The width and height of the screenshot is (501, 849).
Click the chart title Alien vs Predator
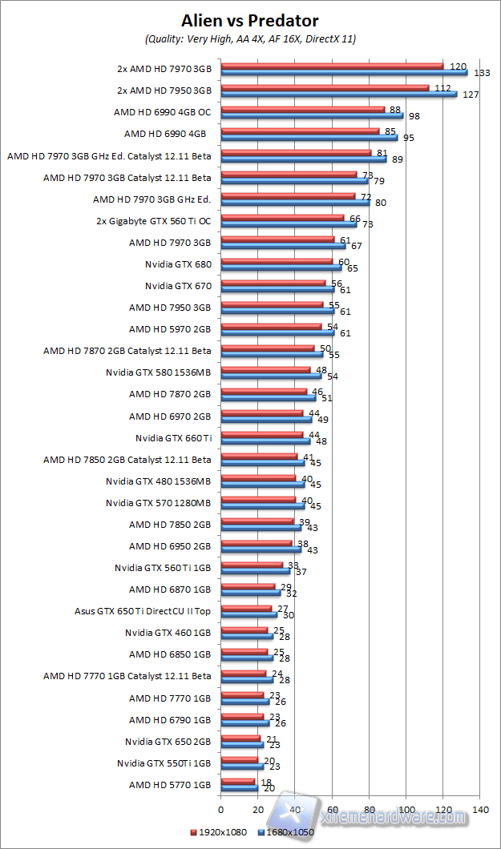click(x=250, y=21)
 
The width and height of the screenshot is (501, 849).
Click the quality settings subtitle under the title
click(x=250, y=38)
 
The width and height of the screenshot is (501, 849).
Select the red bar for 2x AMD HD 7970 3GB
click(x=332, y=66)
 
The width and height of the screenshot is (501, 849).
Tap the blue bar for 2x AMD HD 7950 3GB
click(x=338, y=94)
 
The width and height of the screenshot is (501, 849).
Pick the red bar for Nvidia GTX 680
click(x=276, y=261)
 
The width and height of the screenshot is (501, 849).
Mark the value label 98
click(x=414, y=116)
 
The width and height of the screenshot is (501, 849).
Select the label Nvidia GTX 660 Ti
click(x=174, y=437)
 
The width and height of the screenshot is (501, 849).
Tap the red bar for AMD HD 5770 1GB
click(x=237, y=781)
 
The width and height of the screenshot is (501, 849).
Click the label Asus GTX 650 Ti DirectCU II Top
click(x=143, y=610)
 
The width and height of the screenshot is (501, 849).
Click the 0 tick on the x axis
click(x=220, y=809)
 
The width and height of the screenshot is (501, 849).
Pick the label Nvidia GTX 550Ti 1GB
click(x=164, y=762)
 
